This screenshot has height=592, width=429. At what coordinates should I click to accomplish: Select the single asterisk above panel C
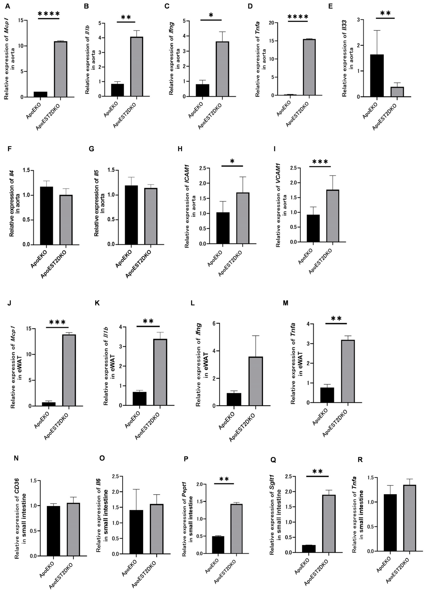coord(211,15)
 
